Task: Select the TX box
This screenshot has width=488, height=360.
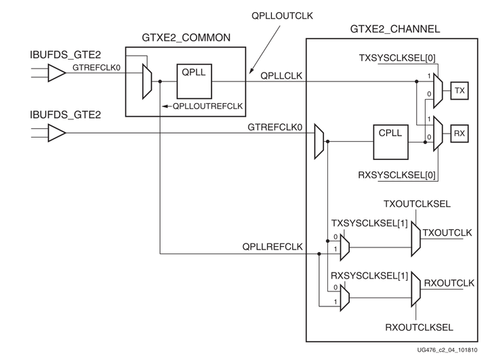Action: point(460,89)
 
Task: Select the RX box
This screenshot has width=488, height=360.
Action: point(460,134)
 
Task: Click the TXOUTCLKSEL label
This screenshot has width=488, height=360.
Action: point(417,203)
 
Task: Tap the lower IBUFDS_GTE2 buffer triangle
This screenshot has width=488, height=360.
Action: point(58,133)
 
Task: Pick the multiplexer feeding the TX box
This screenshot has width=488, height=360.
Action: point(438,89)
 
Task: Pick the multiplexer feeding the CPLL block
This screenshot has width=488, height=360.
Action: point(320,141)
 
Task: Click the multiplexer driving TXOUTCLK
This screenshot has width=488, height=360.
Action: point(415,238)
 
